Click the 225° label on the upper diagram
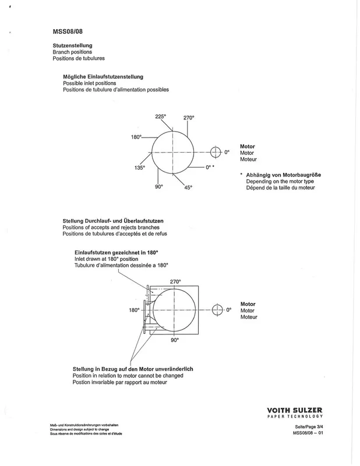(161, 116)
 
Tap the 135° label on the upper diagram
(139, 167)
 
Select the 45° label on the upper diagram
(188, 187)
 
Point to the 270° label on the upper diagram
(188, 118)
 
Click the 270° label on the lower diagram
(175, 281)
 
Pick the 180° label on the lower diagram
(134, 310)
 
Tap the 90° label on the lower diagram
(174, 340)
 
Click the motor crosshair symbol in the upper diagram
(216, 152)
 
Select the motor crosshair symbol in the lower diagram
(217, 309)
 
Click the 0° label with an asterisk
(210, 168)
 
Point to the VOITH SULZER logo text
(295, 409)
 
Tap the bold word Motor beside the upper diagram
(248, 146)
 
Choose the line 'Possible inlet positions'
(89, 83)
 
